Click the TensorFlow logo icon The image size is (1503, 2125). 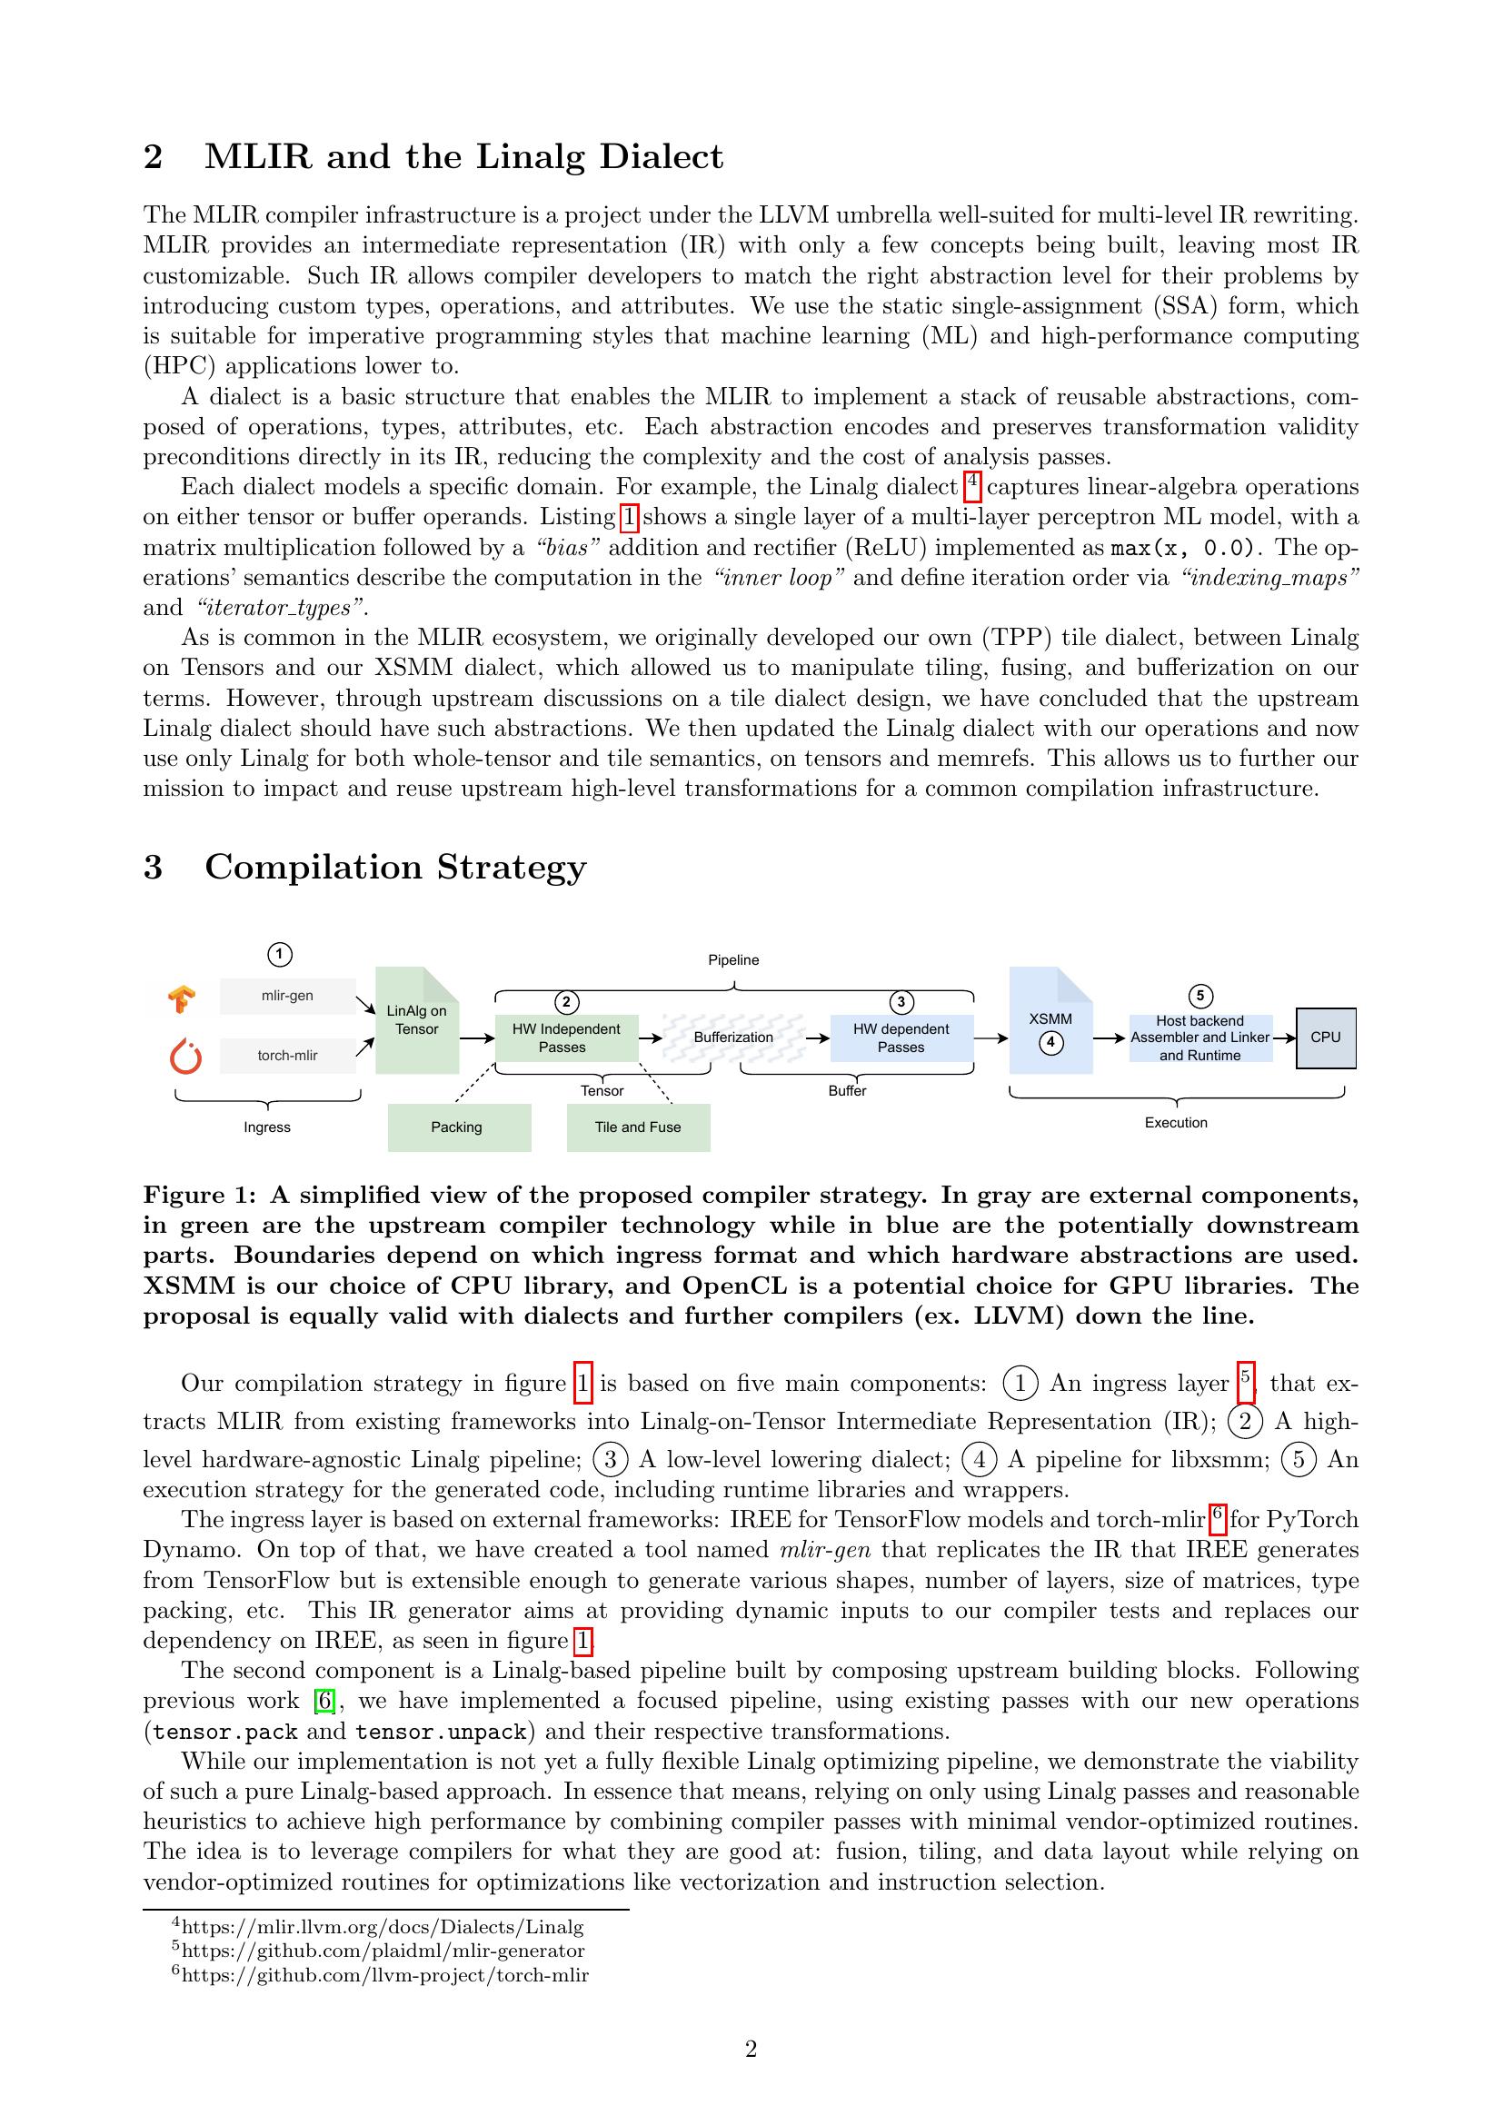182,998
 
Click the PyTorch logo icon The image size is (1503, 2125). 186,1056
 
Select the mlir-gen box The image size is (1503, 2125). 287,996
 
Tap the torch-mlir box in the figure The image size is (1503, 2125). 287,1055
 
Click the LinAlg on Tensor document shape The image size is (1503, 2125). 416,1020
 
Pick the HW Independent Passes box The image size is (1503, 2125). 566,1038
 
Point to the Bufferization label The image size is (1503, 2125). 733,1038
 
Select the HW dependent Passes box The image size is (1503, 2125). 901,1038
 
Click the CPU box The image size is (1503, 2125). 1325,1038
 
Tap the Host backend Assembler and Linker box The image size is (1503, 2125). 1199,1038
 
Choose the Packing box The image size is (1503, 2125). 458,1127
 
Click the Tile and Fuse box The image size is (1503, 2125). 638,1127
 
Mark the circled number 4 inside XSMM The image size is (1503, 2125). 1050,1043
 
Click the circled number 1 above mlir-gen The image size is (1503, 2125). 280,954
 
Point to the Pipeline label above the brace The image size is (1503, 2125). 733,960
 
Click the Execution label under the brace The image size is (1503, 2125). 1175,1123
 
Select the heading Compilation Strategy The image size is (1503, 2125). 395,868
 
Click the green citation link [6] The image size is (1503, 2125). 323,1700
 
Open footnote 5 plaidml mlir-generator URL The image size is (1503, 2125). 383,1951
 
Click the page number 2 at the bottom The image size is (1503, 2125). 751,2049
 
